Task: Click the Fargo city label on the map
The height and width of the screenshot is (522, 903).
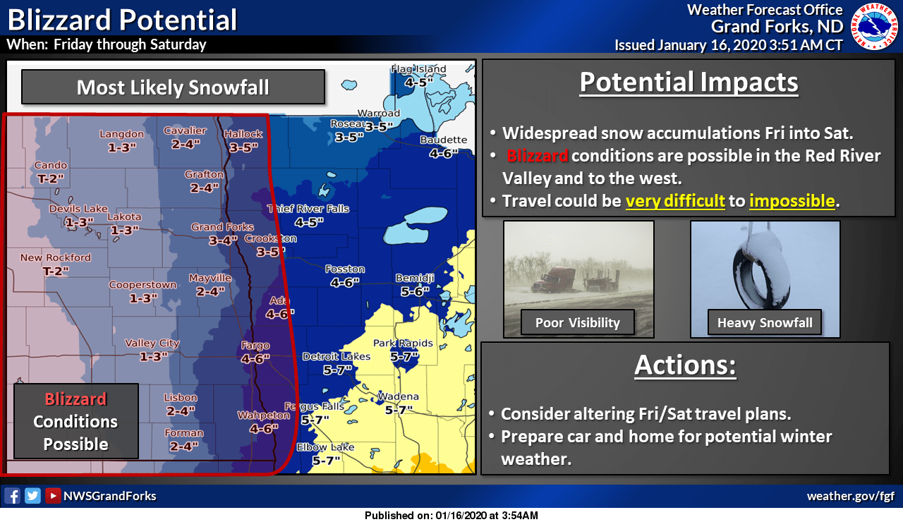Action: coord(255,345)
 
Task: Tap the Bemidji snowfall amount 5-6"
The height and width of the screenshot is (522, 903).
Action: coord(415,291)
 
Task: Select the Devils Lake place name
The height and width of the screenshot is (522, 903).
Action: coord(78,208)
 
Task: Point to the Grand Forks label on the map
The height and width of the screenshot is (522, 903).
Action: coord(222,226)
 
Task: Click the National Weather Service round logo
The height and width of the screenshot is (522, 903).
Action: coord(874,27)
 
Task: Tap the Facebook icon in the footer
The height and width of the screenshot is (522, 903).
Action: coord(13,495)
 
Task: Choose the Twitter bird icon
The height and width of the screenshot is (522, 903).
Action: coord(32,495)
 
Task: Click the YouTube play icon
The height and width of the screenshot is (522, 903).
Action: coord(53,495)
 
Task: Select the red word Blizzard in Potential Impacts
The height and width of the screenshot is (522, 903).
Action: coord(538,156)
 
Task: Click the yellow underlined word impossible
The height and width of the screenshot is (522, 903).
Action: coord(792,201)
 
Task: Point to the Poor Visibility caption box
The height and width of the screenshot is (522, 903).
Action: coord(578,322)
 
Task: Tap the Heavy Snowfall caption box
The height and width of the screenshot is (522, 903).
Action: coord(765,322)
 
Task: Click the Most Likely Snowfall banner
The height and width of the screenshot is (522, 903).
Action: coord(173,87)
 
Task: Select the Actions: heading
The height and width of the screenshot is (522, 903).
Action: coord(685,365)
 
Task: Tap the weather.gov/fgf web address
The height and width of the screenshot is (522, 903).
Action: coord(851,496)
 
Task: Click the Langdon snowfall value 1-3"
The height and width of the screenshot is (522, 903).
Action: coord(122,147)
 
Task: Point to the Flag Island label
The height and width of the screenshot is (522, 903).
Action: coord(418,69)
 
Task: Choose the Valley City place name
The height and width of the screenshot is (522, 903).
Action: coord(152,343)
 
